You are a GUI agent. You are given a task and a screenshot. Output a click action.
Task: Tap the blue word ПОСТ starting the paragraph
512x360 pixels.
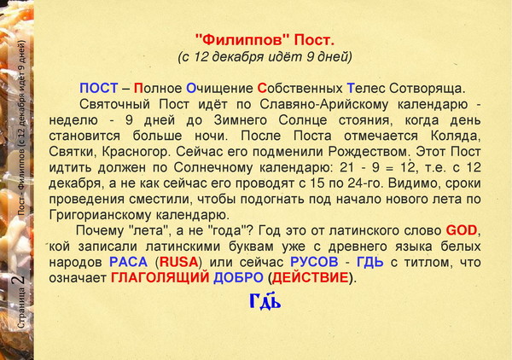(99, 88)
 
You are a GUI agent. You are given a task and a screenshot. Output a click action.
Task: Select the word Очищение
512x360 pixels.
(219, 89)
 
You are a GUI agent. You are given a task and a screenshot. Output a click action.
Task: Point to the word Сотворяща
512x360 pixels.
(428, 89)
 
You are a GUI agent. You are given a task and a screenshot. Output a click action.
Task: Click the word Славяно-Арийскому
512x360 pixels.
(324, 104)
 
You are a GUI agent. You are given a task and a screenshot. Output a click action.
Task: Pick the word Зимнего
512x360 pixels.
(241, 120)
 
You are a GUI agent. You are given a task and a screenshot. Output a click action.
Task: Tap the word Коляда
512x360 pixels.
(456, 136)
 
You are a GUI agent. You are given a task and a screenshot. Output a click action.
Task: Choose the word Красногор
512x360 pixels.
(137, 152)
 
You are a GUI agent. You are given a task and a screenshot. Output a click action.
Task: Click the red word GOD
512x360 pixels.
(462, 230)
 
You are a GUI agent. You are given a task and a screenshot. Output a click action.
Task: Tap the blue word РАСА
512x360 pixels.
(128, 262)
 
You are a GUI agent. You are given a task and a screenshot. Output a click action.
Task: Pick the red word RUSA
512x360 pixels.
(179, 262)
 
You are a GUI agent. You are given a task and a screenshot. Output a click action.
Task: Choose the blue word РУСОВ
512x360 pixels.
(314, 262)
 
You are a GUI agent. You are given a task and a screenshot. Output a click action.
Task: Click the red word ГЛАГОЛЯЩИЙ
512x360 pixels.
(160, 278)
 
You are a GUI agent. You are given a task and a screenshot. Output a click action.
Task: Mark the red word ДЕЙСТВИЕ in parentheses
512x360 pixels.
(311, 278)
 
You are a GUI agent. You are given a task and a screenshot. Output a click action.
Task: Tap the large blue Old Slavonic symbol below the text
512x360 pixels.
(265, 300)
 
